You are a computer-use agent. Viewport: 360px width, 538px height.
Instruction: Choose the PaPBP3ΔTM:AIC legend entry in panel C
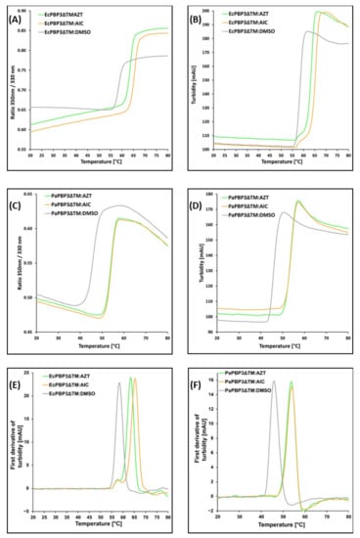click(x=68, y=202)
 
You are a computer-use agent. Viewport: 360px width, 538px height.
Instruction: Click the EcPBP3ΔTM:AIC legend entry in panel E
click(x=68, y=383)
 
